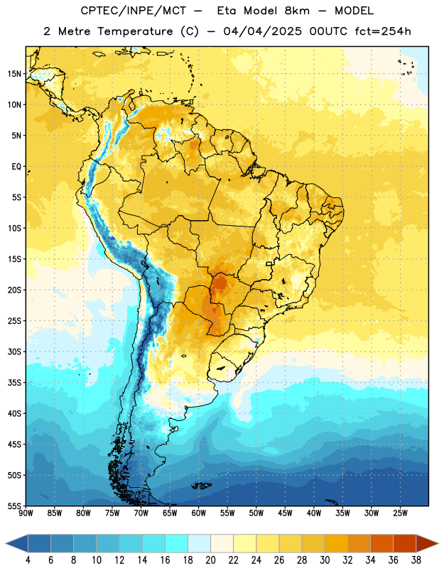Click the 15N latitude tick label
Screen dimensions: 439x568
click(x=14, y=74)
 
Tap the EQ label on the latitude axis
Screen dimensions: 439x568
click(x=16, y=167)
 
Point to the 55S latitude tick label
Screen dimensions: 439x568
click(x=14, y=506)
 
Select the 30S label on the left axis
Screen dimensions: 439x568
click(x=14, y=351)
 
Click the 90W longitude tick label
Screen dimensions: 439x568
click(x=26, y=513)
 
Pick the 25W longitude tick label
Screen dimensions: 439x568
click(x=400, y=513)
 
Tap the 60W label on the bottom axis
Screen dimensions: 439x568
click(x=199, y=513)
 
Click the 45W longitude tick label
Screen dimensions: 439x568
click(x=285, y=513)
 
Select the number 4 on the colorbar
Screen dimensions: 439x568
click(x=28, y=560)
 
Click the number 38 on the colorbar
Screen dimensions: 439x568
click(x=416, y=560)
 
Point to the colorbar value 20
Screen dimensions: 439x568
click(x=210, y=560)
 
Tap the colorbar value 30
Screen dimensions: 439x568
click(x=325, y=560)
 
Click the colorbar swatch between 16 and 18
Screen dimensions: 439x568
click(x=176, y=543)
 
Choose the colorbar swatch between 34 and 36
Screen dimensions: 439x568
click(x=381, y=543)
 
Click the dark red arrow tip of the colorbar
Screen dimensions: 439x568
click(x=437, y=543)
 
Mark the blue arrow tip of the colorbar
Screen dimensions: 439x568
click(x=6, y=543)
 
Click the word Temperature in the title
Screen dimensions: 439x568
click(x=135, y=31)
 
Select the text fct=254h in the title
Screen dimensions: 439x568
click(x=383, y=31)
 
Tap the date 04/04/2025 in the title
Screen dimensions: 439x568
click(x=262, y=31)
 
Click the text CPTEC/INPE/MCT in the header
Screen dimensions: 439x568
click(x=134, y=11)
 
